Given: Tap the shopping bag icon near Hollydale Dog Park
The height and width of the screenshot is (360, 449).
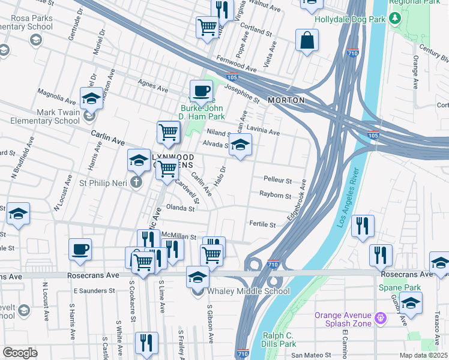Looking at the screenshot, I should point(307,41).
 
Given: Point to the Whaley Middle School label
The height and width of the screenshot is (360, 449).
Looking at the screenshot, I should point(248,292).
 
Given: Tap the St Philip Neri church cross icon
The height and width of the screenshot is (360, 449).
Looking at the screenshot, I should point(137,182).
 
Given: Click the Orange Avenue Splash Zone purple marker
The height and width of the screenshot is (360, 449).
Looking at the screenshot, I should point(379,316).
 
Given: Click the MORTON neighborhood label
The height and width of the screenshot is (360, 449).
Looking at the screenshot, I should point(286,100).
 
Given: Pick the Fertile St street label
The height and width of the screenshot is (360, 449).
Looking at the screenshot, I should point(262,224).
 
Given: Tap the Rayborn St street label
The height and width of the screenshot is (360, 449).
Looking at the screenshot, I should point(275,195).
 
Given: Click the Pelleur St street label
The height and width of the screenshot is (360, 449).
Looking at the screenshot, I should point(277,180).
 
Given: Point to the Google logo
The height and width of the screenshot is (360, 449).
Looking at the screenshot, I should point(20,352).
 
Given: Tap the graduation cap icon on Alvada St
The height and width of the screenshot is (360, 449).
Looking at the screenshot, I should point(240,145).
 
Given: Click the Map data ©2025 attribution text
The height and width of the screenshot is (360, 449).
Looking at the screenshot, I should point(423,355).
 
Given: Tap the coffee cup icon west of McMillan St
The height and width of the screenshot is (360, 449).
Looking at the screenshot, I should point(80,249).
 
